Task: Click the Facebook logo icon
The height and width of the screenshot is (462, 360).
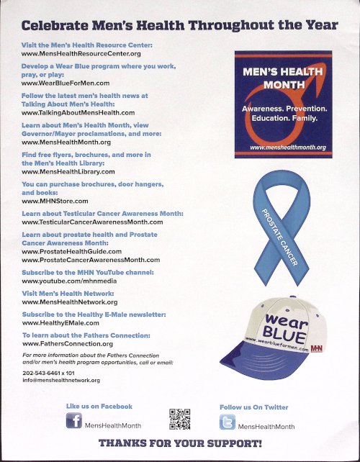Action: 74,422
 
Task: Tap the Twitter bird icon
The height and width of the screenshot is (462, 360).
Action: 228,423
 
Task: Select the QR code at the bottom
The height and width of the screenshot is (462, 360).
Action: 179,419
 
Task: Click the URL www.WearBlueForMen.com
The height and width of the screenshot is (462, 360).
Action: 66,83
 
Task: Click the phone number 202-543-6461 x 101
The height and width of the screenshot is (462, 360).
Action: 49,373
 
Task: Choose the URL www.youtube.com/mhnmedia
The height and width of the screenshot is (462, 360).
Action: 70,282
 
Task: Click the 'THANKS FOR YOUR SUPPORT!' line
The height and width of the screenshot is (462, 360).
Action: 180,444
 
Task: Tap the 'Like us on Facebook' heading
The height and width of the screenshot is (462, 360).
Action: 99,407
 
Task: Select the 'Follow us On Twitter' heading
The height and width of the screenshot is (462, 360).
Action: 253,407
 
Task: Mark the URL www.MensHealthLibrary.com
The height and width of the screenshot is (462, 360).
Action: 68,172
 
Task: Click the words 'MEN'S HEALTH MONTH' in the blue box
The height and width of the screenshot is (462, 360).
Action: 283,78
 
